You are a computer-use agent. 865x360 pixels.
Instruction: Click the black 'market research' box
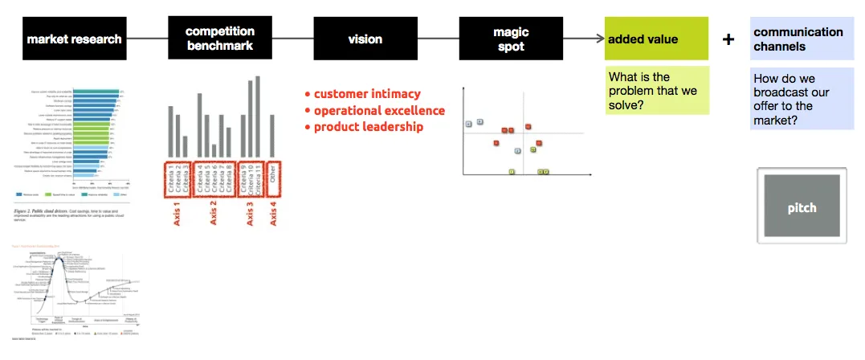point(74,39)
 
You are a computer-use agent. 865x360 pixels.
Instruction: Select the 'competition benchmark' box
point(219,39)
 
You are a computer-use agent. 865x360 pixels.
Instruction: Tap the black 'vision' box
point(365,39)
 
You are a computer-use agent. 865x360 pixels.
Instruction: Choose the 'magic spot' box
point(510,39)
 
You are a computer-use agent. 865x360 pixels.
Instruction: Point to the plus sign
point(728,39)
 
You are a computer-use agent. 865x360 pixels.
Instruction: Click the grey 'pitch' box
point(802,207)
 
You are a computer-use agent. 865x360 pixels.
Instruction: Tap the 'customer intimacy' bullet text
point(366,94)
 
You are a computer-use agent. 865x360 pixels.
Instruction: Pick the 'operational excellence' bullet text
point(378,110)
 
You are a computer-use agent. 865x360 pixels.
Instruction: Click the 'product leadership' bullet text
point(368,126)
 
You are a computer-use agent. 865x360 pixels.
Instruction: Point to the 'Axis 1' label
point(177,212)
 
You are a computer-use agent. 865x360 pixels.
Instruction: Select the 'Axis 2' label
point(214,212)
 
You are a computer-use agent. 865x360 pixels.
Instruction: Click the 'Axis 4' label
point(275,212)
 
